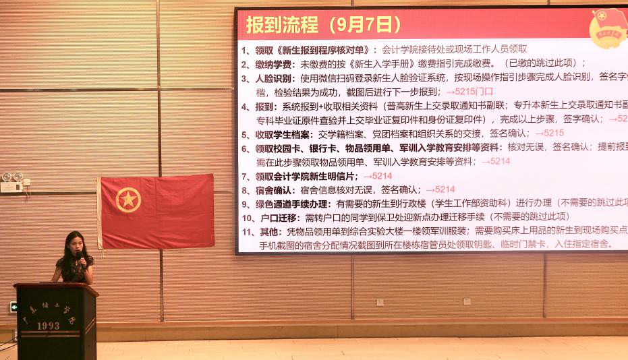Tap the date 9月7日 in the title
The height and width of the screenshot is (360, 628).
(x=368, y=26)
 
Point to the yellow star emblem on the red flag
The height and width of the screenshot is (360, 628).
(x=128, y=200)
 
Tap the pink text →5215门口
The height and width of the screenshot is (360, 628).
(x=469, y=92)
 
